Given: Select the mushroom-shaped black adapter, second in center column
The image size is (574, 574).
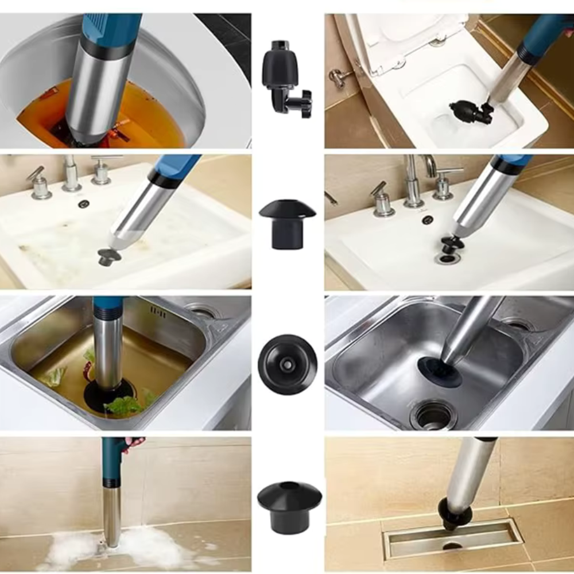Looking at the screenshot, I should (287, 221).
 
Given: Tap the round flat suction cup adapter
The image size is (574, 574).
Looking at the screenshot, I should (287, 364).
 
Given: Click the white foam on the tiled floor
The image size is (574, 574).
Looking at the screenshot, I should (75, 548).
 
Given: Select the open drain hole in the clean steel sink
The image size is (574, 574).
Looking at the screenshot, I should (433, 414).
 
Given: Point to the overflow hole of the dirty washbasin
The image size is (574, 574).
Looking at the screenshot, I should (84, 204).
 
